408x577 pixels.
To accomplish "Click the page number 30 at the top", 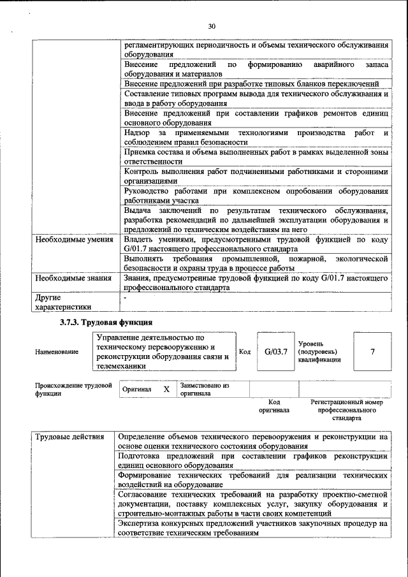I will [212, 26].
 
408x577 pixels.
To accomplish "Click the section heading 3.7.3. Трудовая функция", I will [106, 323].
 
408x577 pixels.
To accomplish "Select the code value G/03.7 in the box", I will [276, 351].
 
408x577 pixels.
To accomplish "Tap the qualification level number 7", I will [372, 351].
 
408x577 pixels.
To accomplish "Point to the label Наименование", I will [57, 352].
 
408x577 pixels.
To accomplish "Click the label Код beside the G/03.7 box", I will [245, 351].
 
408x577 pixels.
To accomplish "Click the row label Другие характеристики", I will [63, 302].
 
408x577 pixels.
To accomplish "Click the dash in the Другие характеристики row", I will [126, 297].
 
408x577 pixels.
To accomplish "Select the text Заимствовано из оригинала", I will [205, 390].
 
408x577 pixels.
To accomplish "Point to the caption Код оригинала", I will [274, 406].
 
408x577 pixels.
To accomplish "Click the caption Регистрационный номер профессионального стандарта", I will [347, 411].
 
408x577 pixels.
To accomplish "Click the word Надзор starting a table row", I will [138, 133].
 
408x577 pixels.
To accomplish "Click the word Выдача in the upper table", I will [138, 210].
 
